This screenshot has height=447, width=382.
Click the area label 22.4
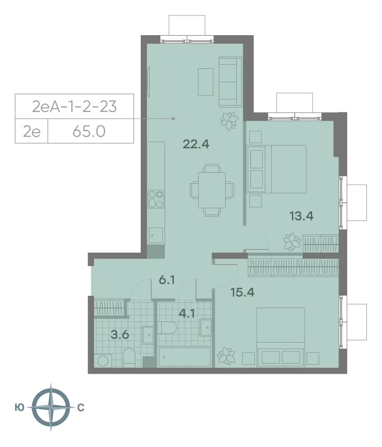[x=196, y=145]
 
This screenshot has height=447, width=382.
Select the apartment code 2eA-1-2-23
[x=74, y=106]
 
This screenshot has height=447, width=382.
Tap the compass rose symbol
[x=50, y=407]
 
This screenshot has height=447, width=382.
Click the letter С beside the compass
[x=80, y=408]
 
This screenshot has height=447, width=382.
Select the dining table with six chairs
[x=211, y=189]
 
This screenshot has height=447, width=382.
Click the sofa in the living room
[x=230, y=81]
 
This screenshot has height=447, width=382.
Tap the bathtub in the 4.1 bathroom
[x=184, y=357]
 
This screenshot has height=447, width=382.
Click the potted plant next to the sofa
[x=230, y=121]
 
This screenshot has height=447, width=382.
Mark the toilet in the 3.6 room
[x=129, y=357]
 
